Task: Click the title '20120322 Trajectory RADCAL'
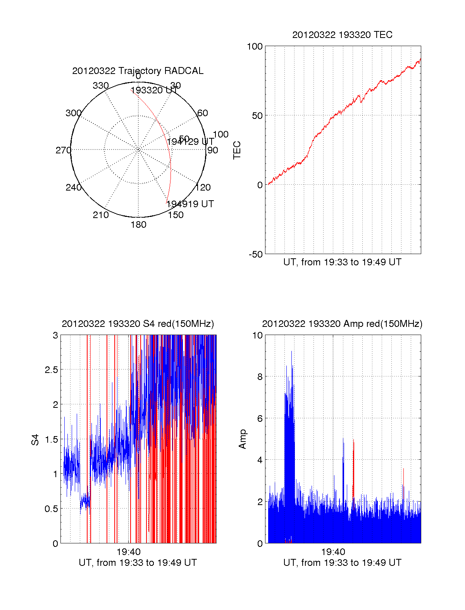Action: [138, 71]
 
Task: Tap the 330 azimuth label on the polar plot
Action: [101, 86]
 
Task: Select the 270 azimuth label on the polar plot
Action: [63, 150]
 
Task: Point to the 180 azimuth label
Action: [138, 225]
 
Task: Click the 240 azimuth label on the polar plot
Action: [73, 187]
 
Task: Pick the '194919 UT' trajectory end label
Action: [190, 204]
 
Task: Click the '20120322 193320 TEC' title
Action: [342, 35]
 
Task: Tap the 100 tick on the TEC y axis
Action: [255, 46]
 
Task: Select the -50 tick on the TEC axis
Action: [255, 254]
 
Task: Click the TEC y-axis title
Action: [237, 150]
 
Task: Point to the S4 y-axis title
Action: [35, 440]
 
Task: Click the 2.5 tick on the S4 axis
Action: [51, 370]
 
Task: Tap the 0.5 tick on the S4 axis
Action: [51, 509]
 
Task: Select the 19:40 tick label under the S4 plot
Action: [129, 552]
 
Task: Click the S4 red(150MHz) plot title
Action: [138, 324]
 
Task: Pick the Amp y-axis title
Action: [243, 439]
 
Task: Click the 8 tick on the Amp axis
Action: [260, 376]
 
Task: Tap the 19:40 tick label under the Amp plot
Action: [333, 552]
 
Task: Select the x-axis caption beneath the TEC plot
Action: [342, 262]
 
